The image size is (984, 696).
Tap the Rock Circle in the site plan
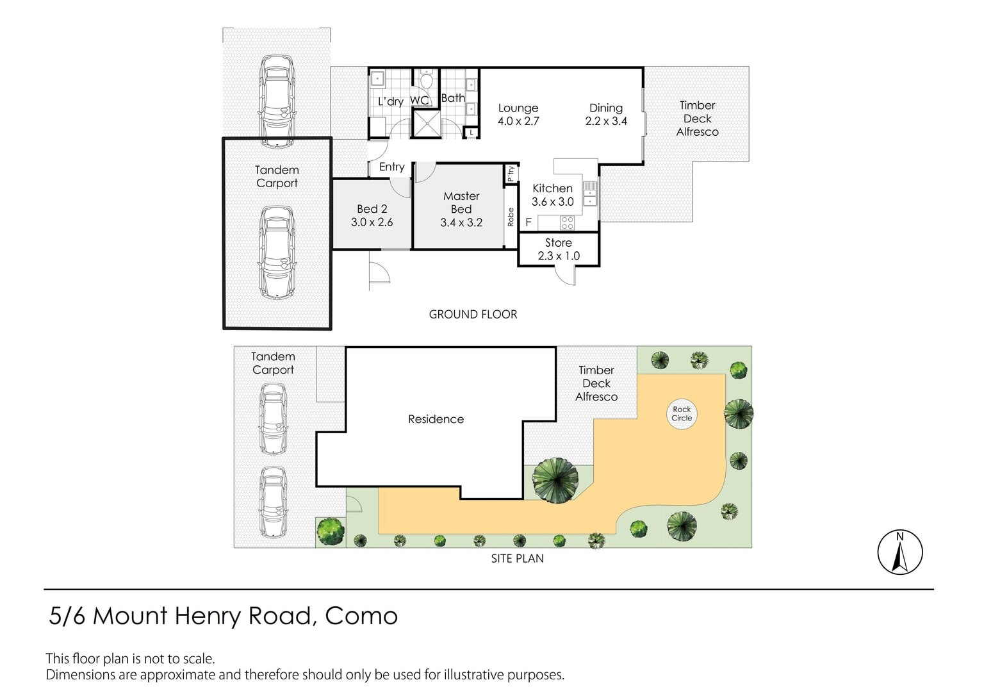click(x=682, y=414)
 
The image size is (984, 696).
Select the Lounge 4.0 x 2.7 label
click(x=518, y=114)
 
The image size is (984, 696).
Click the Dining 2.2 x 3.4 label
click(x=606, y=114)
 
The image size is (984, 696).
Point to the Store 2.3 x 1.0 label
click(x=559, y=249)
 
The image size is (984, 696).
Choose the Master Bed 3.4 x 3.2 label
click(x=461, y=209)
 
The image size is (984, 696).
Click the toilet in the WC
click(x=427, y=79)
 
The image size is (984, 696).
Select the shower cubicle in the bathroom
click(x=426, y=124)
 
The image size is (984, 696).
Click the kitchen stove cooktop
click(x=567, y=223)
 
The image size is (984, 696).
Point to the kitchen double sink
click(x=589, y=194)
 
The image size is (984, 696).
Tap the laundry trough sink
click(x=377, y=79)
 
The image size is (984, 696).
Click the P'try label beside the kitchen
click(x=511, y=173)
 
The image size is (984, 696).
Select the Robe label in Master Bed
click(x=511, y=217)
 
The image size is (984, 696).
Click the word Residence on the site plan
click(x=436, y=419)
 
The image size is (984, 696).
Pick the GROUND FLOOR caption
click(x=473, y=315)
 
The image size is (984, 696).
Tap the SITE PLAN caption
click(x=518, y=558)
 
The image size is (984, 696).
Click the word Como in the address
click(x=361, y=616)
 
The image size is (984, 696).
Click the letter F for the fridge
click(x=529, y=222)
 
